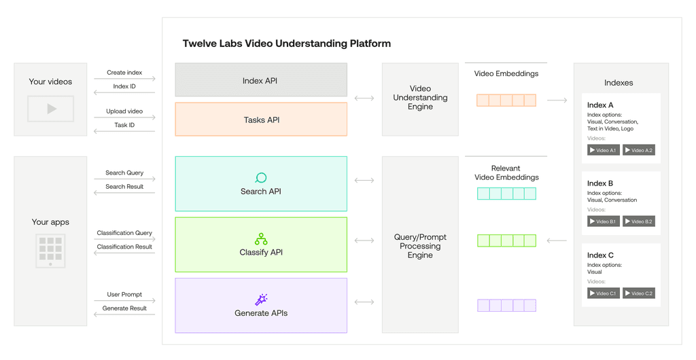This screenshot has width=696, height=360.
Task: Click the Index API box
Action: point(260,80)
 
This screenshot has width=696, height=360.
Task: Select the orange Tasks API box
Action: point(260,120)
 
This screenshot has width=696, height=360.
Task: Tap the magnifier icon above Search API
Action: point(260,178)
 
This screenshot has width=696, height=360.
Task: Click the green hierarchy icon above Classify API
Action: point(260,238)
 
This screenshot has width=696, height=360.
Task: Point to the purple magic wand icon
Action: point(260,300)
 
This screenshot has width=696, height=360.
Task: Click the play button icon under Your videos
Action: point(51,109)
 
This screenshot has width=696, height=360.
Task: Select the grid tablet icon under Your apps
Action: point(50,251)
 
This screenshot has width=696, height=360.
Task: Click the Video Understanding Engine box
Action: point(420,98)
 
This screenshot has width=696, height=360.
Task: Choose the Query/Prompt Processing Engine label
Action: point(420,246)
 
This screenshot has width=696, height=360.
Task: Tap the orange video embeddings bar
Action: point(506,101)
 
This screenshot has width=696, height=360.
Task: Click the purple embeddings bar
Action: point(506,306)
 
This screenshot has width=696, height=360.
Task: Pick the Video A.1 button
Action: point(603,150)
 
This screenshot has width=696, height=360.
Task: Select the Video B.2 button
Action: point(639,221)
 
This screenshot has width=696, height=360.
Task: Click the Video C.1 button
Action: point(603,293)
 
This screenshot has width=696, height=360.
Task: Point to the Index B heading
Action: point(600,183)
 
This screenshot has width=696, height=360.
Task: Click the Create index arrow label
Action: point(124,73)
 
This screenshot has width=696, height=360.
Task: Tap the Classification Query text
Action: point(124,233)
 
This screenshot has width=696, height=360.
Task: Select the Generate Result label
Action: point(124,308)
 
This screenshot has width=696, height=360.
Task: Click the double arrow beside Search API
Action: point(364,181)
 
